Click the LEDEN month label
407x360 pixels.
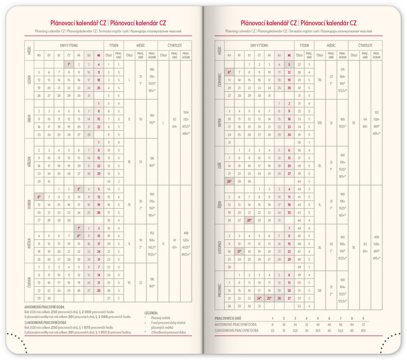click(29, 80)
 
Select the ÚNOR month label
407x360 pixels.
click(29, 119)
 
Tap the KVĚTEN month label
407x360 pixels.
click(29, 243)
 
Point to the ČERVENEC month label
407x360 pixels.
click(219, 80)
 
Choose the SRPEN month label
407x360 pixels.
click(219, 123)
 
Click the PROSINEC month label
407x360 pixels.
click(219, 290)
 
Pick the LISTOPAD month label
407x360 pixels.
click(219, 248)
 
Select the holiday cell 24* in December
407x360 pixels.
click(259, 298)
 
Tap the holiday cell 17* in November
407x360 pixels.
click(239, 251)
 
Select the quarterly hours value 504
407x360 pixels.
click(186, 113)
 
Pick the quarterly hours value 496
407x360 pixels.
click(376, 237)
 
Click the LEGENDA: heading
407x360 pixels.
click(151, 313)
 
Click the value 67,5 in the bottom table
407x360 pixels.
click(362, 331)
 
